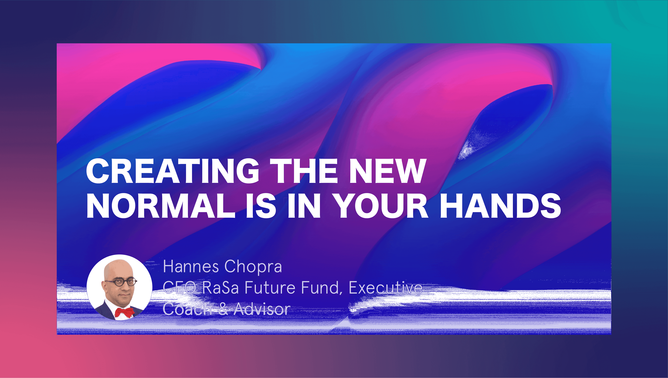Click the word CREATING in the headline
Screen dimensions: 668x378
point(173,171)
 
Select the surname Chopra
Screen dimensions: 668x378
point(253,267)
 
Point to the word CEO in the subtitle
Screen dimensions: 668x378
point(179,288)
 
